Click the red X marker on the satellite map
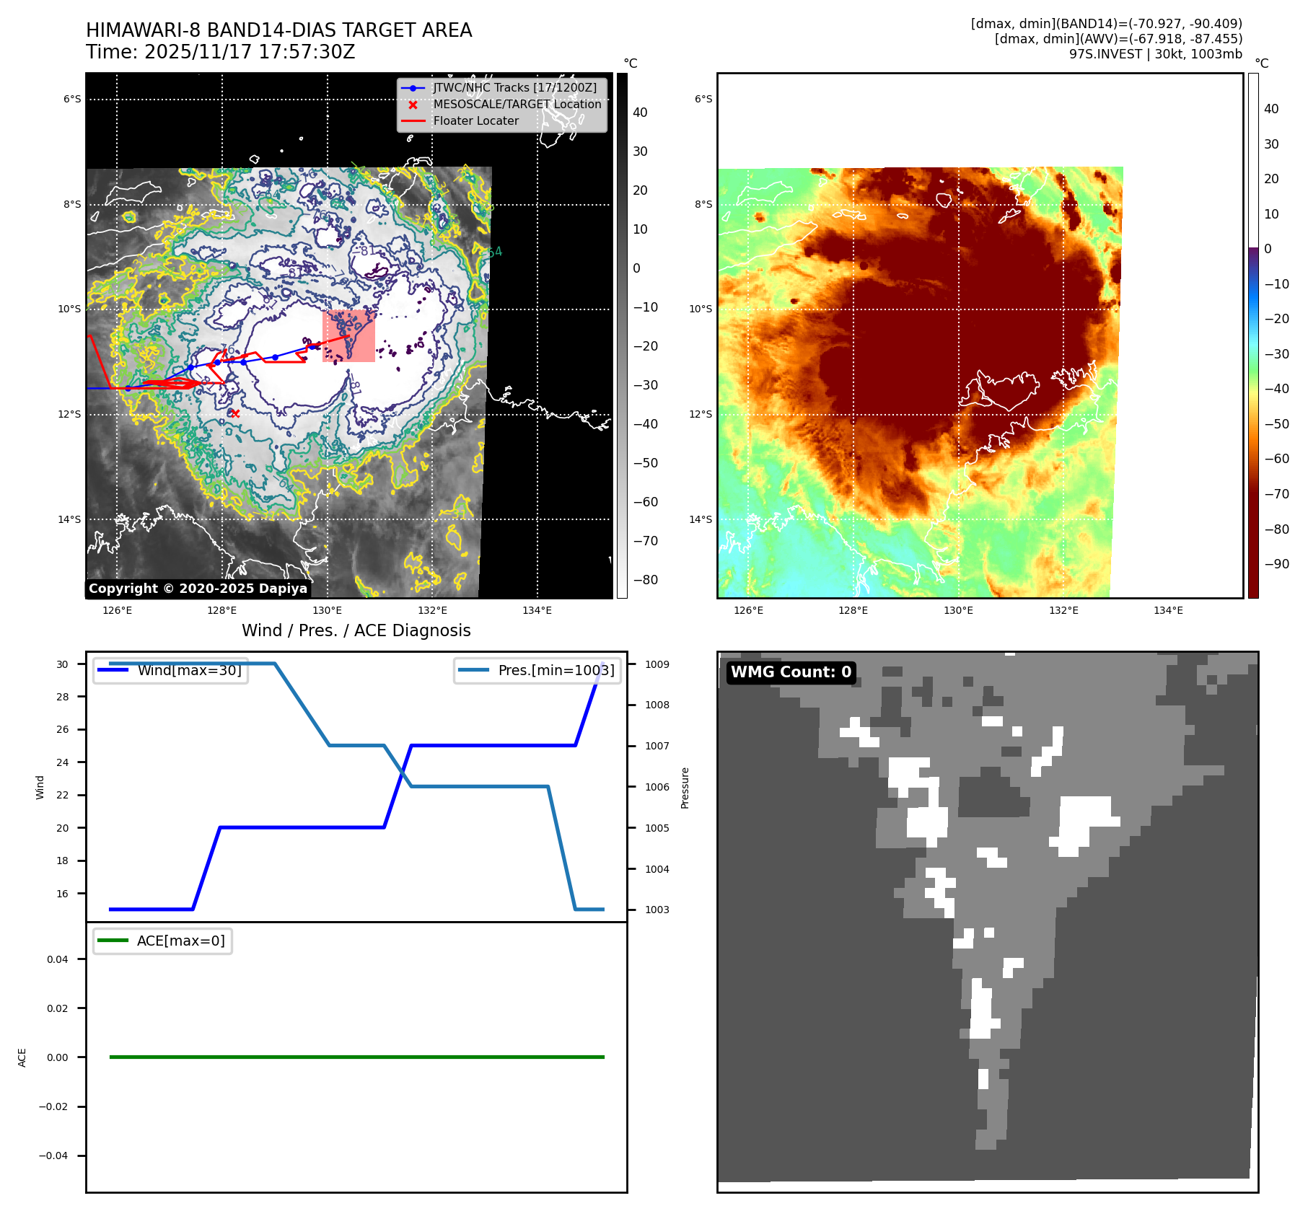click(x=234, y=413)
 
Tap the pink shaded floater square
click(x=348, y=336)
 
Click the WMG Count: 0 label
click(x=791, y=672)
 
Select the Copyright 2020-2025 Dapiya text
click(x=198, y=589)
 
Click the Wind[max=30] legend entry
click(x=189, y=670)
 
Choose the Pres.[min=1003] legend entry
click(x=556, y=670)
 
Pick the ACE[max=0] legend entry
click(x=180, y=941)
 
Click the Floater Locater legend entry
click(x=475, y=121)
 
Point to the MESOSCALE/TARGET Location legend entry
click(x=517, y=105)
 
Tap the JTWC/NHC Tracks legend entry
click(x=514, y=88)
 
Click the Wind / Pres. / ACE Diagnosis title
click(x=356, y=630)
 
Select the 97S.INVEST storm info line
click(x=1155, y=54)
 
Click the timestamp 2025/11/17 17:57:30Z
click(x=249, y=53)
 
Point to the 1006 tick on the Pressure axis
click(x=657, y=787)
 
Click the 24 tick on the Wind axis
click(x=63, y=762)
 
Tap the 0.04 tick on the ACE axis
click(x=58, y=959)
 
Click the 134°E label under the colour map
click(x=1168, y=611)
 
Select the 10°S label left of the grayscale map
click(x=70, y=309)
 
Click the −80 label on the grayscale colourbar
click(x=645, y=580)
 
